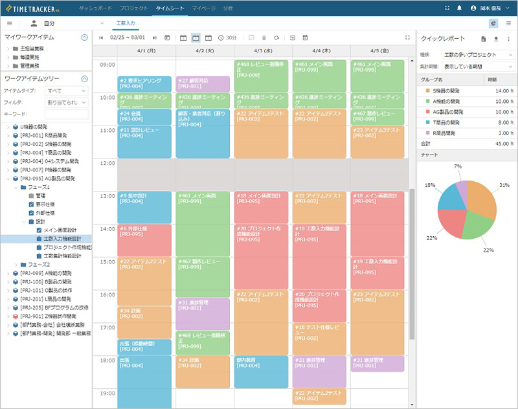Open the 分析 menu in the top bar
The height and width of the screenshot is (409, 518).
pyautogui.click(x=227, y=8)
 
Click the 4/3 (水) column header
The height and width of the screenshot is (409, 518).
pyautogui.click(x=263, y=50)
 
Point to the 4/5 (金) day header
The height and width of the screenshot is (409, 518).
pyautogui.click(x=379, y=50)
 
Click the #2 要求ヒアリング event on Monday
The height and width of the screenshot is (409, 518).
pyautogui.click(x=144, y=83)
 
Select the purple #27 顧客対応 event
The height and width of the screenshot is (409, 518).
pyautogui.click(x=202, y=83)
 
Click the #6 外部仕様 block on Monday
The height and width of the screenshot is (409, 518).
pyautogui.click(x=144, y=239)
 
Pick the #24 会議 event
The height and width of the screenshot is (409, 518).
pyautogui.click(x=144, y=116)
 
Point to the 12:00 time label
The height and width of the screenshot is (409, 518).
pyautogui.click(x=107, y=162)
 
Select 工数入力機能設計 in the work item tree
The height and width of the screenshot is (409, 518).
pyautogui.click(x=62, y=239)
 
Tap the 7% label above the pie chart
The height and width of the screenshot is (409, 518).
pyautogui.click(x=458, y=166)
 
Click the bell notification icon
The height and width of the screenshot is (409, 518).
pyautogui.click(x=459, y=8)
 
